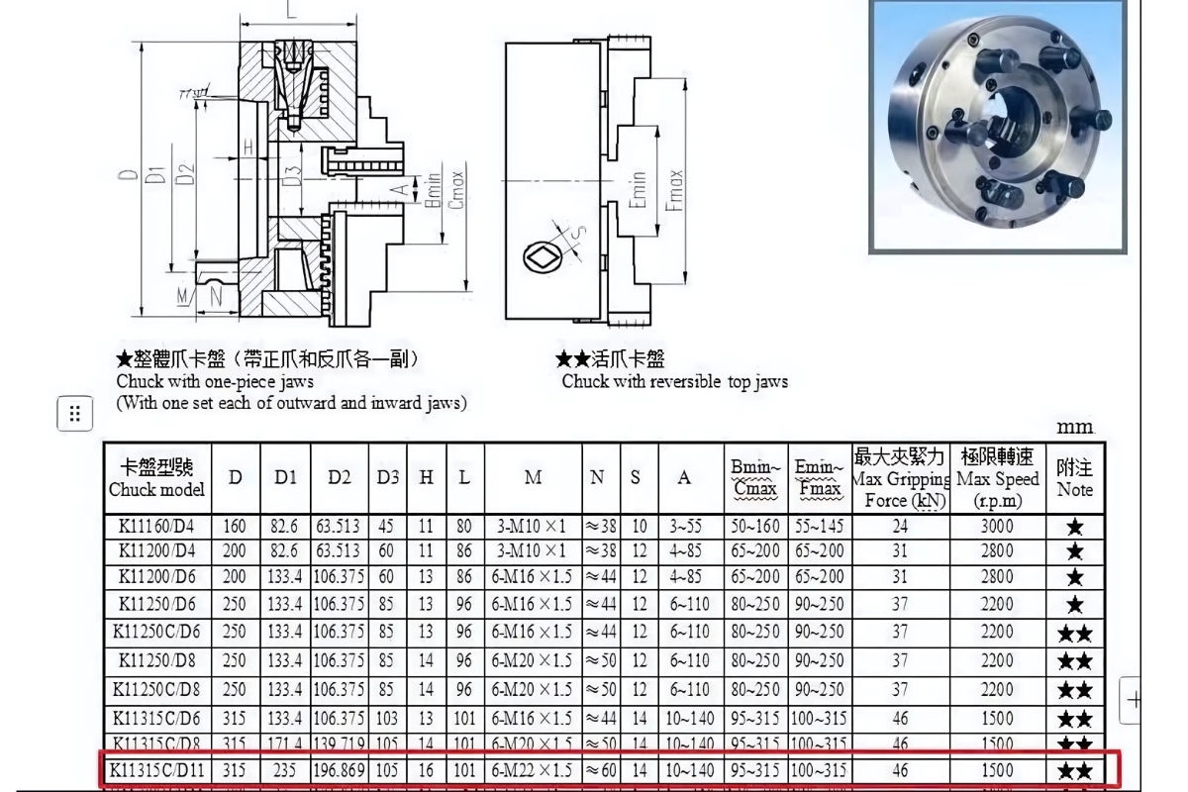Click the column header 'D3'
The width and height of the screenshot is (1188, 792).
(x=388, y=477)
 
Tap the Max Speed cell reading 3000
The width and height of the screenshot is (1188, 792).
(x=997, y=528)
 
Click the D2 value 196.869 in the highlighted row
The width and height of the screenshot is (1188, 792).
(x=340, y=770)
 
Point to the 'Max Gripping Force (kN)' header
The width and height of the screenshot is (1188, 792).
(x=899, y=478)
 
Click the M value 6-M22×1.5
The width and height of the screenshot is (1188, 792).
(x=533, y=770)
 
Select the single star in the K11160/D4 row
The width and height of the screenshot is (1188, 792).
(x=1075, y=528)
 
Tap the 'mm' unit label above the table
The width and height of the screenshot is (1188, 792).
(x=1075, y=427)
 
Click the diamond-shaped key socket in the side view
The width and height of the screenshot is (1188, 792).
(x=544, y=258)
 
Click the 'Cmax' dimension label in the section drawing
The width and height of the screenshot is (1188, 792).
(x=456, y=188)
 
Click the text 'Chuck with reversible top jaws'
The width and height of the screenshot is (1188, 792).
(x=674, y=382)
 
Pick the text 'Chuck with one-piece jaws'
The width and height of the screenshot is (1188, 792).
(x=215, y=381)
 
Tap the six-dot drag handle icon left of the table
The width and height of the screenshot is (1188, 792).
(x=75, y=414)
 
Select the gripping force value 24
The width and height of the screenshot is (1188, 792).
(x=899, y=528)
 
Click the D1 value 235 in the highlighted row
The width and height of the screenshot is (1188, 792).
(x=285, y=770)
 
